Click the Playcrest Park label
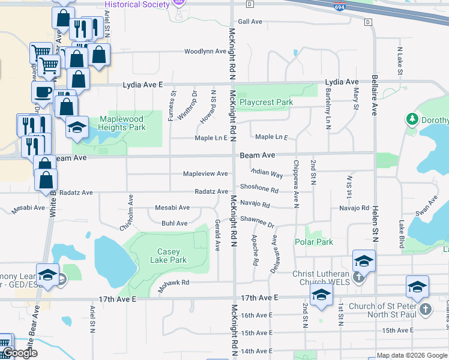(266, 102)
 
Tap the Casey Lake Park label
(172, 256)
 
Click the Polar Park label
(314, 242)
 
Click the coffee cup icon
(43, 92)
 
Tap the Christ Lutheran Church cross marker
(358, 277)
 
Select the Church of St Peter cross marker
(425, 309)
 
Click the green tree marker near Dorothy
(412, 119)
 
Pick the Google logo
(20, 353)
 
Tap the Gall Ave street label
(250, 22)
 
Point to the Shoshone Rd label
(259, 188)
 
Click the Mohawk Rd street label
(174, 283)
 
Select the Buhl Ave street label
(174, 223)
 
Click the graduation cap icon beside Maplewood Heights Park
(77, 127)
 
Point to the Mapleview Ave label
(205, 174)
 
